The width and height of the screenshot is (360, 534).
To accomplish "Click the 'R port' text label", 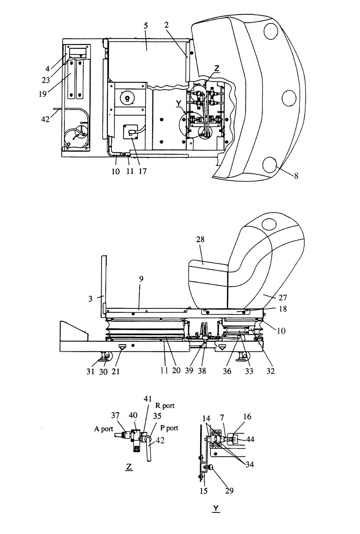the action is tap(165, 406).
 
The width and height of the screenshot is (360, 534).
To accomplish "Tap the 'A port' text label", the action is tap(103, 429).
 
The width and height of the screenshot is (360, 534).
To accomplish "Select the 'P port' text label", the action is tap(169, 428).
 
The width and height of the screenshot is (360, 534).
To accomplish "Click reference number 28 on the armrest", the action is tap(200, 239).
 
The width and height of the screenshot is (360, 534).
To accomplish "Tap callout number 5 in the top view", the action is tap(146, 26).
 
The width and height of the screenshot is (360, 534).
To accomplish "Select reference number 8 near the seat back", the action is tap(296, 176).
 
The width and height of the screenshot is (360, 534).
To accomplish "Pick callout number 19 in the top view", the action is tap(43, 94).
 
